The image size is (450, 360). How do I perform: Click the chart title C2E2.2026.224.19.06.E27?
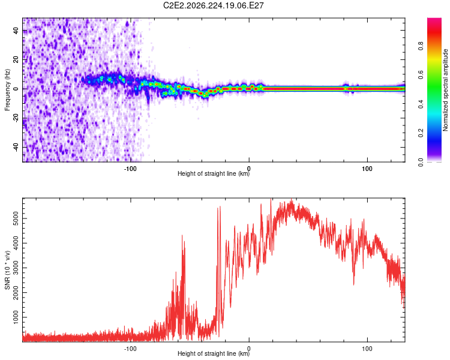pos(213,5)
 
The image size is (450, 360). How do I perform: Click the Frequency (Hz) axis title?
pos(7,90)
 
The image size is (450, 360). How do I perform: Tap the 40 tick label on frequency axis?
pos(16,31)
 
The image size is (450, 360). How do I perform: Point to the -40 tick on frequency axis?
pos(16,147)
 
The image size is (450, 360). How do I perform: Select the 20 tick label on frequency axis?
pos(16,60)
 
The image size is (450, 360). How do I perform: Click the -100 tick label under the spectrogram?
pos(130,169)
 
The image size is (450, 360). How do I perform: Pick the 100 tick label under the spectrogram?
pos(367,169)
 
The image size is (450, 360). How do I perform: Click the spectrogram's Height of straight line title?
pos(214,173)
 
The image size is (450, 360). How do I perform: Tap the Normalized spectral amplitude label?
pos(445,90)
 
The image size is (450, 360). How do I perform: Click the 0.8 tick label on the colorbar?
pos(421,46)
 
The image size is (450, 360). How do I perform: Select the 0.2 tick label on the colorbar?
pos(421,133)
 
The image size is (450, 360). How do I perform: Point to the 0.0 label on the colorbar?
pos(421,163)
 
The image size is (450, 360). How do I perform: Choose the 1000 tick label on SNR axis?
pos(16,317)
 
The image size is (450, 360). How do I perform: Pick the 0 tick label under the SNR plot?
pos(249,349)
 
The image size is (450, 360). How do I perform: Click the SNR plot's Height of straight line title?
pos(214,353)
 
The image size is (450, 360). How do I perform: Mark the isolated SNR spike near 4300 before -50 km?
pos(182,236)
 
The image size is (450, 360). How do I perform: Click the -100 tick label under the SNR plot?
pos(130,349)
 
